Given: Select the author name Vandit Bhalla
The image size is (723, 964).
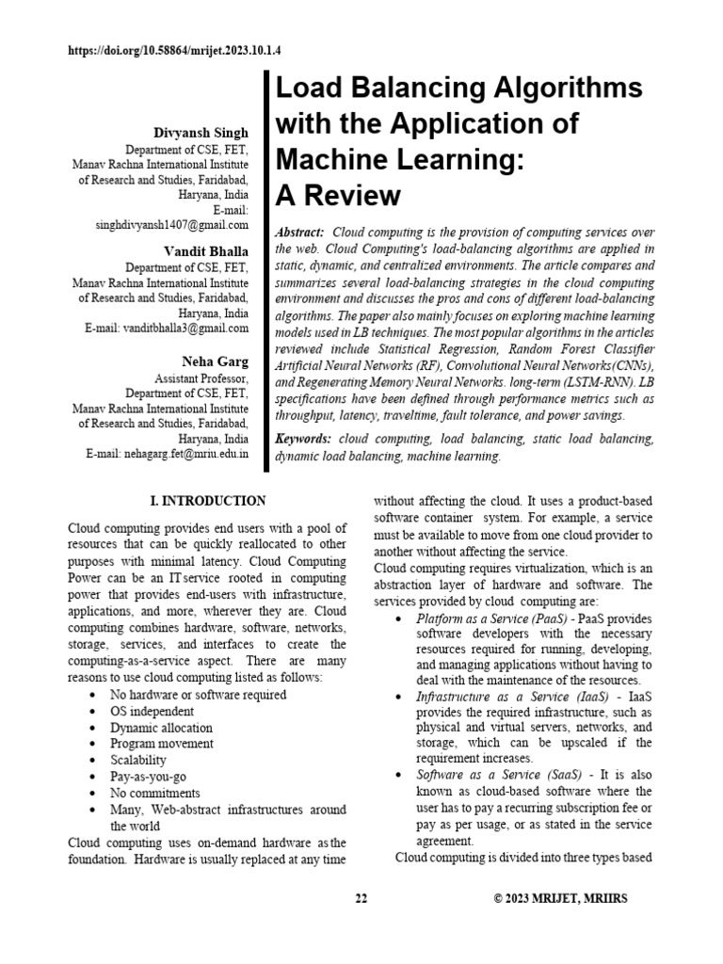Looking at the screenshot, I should click(206, 250).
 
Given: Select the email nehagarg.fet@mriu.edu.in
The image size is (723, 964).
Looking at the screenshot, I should click(183, 453).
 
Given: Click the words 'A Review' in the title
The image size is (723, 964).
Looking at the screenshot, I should click(337, 196).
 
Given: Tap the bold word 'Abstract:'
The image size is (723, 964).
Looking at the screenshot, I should click(299, 232).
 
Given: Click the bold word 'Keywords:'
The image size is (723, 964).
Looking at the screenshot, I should click(303, 439).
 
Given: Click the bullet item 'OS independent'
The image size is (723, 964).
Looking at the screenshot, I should click(153, 711).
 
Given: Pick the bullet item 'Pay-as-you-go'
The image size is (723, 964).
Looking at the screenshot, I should click(149, 776).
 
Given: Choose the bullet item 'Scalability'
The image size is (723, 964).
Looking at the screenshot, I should click(138, 760).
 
